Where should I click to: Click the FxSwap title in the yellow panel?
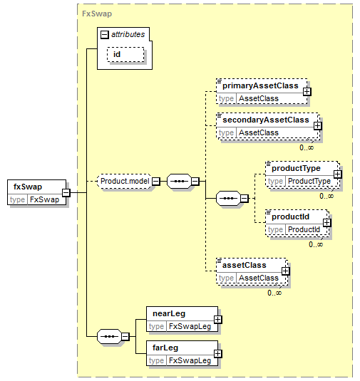click(97, 14)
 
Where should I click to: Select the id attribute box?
click(125, 54)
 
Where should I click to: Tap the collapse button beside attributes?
click(104, 35)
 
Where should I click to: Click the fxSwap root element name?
click(28, 187)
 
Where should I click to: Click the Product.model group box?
click(125, 181)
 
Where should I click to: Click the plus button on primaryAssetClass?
click(307, 92)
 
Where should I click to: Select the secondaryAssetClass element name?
click(266, 120)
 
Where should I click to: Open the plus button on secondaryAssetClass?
click(317, 126)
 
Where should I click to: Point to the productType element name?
click(296, 168)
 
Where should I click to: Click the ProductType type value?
click(309, 182)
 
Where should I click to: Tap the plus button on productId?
click(327, 223)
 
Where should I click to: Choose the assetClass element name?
click(245, 265)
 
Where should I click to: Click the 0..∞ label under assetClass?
click(274, 293)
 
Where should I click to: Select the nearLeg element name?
click(169, 313)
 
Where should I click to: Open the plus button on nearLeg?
click(217, 320)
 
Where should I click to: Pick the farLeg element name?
click(165, 348)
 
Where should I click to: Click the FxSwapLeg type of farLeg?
click(190, 360)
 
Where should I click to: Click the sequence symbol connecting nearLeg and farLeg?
click(109, 337)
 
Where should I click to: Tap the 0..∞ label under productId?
click(316, 244)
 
